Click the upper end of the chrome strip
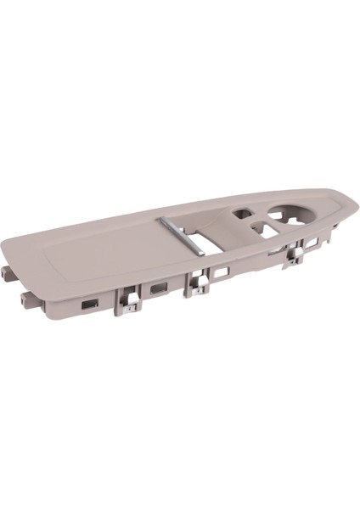click(x=166, y=220)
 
